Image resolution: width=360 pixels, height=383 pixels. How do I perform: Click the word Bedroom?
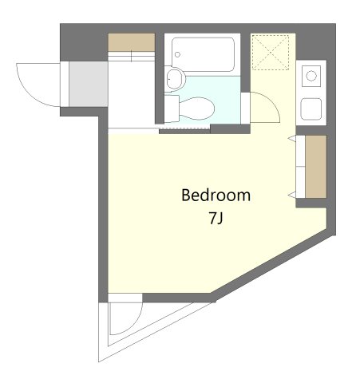pos(216,195)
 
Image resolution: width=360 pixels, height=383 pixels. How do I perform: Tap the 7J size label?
pos(216,219)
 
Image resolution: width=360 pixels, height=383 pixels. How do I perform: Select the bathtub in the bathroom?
pos(203,54)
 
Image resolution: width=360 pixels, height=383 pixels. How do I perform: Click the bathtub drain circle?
pos(177,54)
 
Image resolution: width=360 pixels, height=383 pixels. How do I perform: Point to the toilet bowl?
pos(197,109)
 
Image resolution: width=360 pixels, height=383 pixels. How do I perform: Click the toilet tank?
pos(172,109)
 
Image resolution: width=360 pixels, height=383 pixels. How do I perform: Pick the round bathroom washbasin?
pos(174,79)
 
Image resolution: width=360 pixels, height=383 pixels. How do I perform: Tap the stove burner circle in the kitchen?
pos(311,76)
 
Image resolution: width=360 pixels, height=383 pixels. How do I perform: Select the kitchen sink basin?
pos(311,109)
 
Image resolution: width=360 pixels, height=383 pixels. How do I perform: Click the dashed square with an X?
pos(271,53)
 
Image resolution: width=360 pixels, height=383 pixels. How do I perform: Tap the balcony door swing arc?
pos(133,326)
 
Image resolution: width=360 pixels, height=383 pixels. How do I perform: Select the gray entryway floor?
pos(89,84)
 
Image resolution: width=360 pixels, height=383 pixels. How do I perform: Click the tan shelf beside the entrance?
pos(132,42)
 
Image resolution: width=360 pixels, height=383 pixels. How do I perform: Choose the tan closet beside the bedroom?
pos(316,167)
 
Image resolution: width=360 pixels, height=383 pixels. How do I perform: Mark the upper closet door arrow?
pos(292,138)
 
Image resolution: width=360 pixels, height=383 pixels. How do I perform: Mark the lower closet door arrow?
pos(292,195)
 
